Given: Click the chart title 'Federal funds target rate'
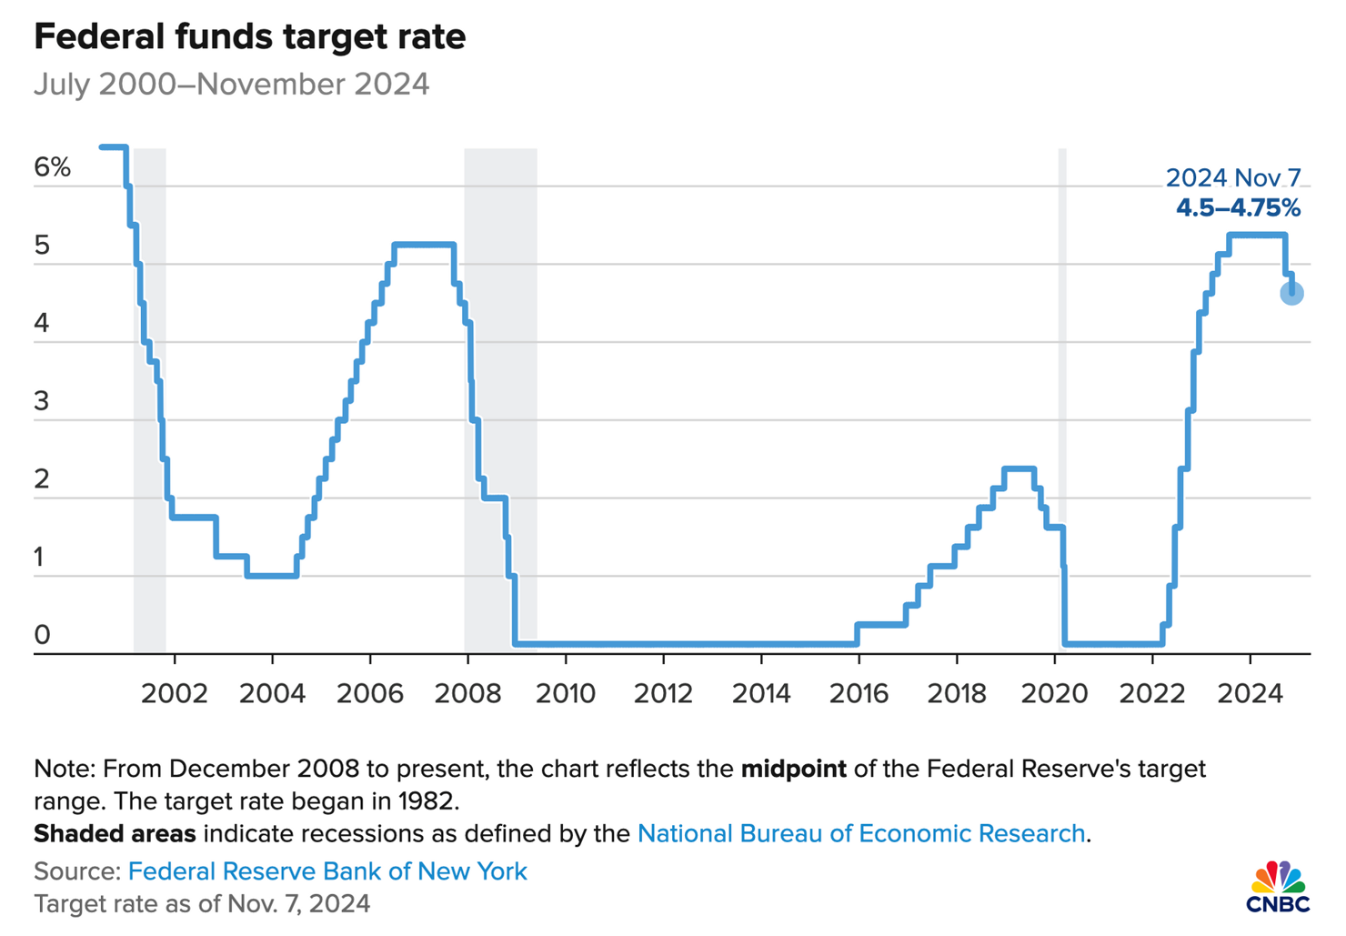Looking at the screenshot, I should pos(249,37).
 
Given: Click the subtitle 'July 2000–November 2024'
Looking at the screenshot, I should pos(231,85).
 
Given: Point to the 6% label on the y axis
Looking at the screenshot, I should pos(52,167).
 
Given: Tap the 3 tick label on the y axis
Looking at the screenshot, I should pos(42,401).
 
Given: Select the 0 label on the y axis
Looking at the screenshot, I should pos(42,635).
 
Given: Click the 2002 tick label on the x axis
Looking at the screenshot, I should pos(175,694).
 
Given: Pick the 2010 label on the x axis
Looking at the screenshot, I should pos(566,694).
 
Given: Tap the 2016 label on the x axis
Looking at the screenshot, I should pos(859,694).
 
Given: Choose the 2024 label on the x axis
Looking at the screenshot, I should pos(1250,694).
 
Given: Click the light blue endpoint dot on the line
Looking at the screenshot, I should pos(1291,293).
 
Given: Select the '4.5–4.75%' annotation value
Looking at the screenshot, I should pos(1238,208).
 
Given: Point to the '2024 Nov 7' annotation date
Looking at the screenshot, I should pos(1233,177).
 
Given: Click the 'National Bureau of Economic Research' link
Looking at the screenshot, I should pos(861,833).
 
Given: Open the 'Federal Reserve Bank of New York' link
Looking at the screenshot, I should pos(327,871).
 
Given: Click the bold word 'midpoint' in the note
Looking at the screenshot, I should pos(793,770).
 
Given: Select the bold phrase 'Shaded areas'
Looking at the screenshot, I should pos(115,833).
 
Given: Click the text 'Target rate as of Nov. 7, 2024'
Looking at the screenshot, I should pos(202,904).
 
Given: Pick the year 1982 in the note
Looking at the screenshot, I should pos(427,802).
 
